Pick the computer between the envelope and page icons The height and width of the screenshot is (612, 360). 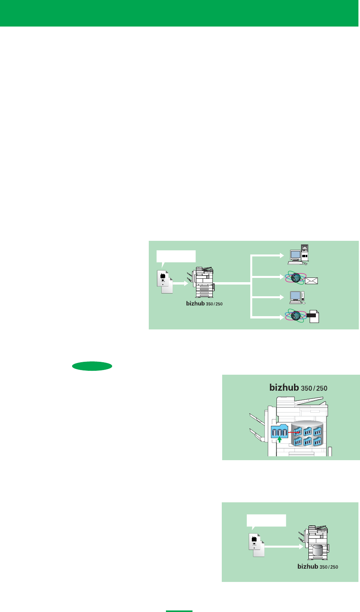click(x=297, y=297)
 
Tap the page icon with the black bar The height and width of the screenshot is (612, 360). click(x=314, y=316)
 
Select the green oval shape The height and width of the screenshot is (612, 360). click(x=92, y=366)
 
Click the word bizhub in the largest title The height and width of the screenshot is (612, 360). click(x=284, y=388)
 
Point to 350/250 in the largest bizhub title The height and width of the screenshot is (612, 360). click(x=314, y=388)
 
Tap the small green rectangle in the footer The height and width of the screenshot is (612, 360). click(x=179, y=610)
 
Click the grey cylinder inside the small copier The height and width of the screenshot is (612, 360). click(x=317, y=549)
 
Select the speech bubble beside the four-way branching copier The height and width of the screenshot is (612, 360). click(x=176, y=257)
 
